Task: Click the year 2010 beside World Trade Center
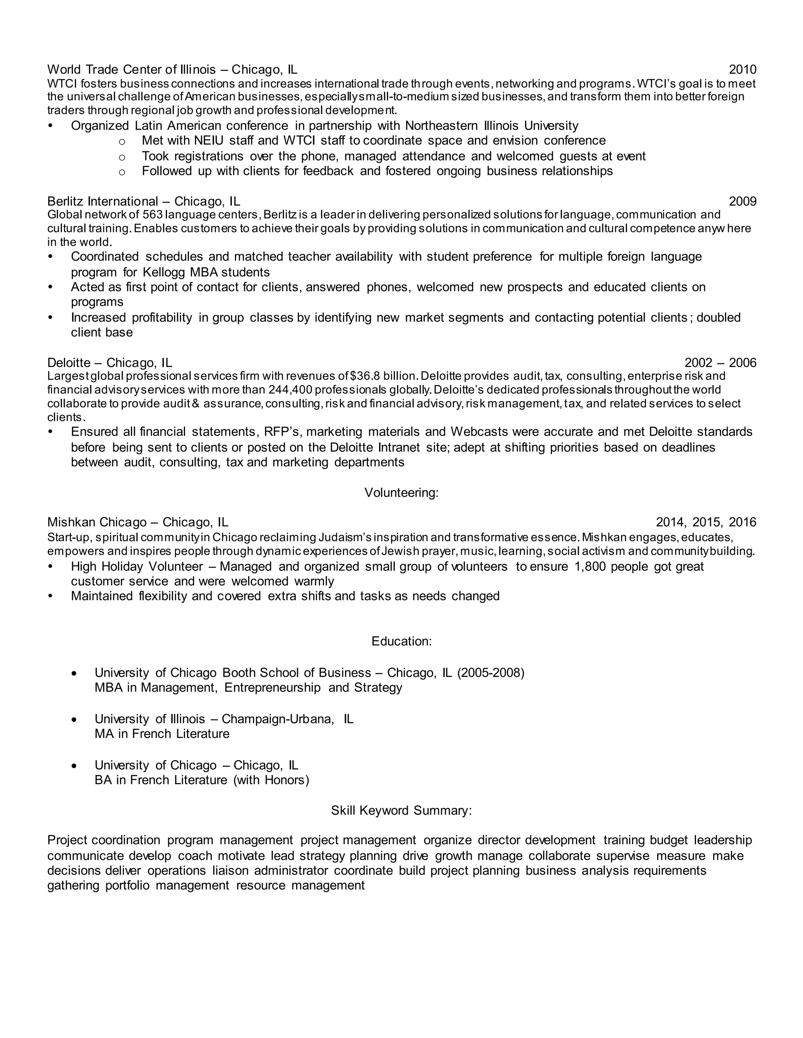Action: [742, 70]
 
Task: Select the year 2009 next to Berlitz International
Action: [742, 201]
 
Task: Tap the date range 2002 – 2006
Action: [720, 363]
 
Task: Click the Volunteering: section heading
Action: [401, 493]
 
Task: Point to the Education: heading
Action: [401, 642]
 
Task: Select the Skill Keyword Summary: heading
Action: [401, 810]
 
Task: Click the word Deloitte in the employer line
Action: [69, 363]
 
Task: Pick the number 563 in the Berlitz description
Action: [153, 215]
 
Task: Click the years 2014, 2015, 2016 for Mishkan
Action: [705, 522]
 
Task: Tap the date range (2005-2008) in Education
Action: [491, 673]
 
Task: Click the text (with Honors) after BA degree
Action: [271, 780]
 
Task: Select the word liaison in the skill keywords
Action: [230, 871]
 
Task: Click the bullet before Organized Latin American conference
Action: [51, 126]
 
